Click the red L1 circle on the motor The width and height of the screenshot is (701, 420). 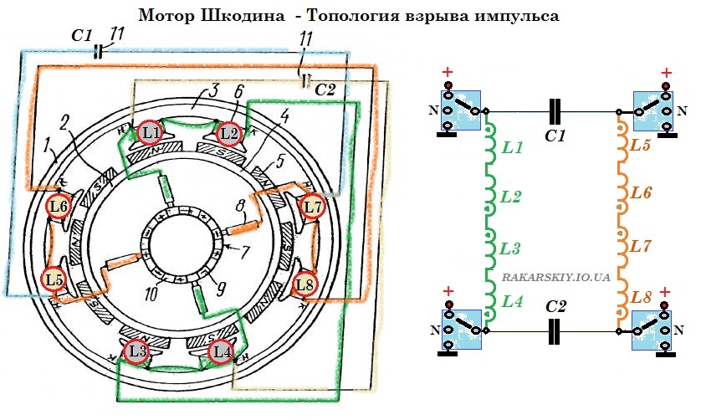tap(151, 131)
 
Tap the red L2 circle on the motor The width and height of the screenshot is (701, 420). tap(228, 132)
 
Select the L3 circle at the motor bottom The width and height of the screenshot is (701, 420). tap(137, 351)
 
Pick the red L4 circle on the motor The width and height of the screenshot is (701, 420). tap(221, 351)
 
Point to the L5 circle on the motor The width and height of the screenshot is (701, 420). tap(55, 279)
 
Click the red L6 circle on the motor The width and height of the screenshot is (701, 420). tap(58, 205)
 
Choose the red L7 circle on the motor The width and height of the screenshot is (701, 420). tap(313, 205)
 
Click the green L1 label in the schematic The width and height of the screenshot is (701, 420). tap(513, 148)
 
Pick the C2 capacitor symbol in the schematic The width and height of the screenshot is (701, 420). tap(555, 331)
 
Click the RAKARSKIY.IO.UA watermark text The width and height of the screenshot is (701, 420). tap(557, 274)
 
